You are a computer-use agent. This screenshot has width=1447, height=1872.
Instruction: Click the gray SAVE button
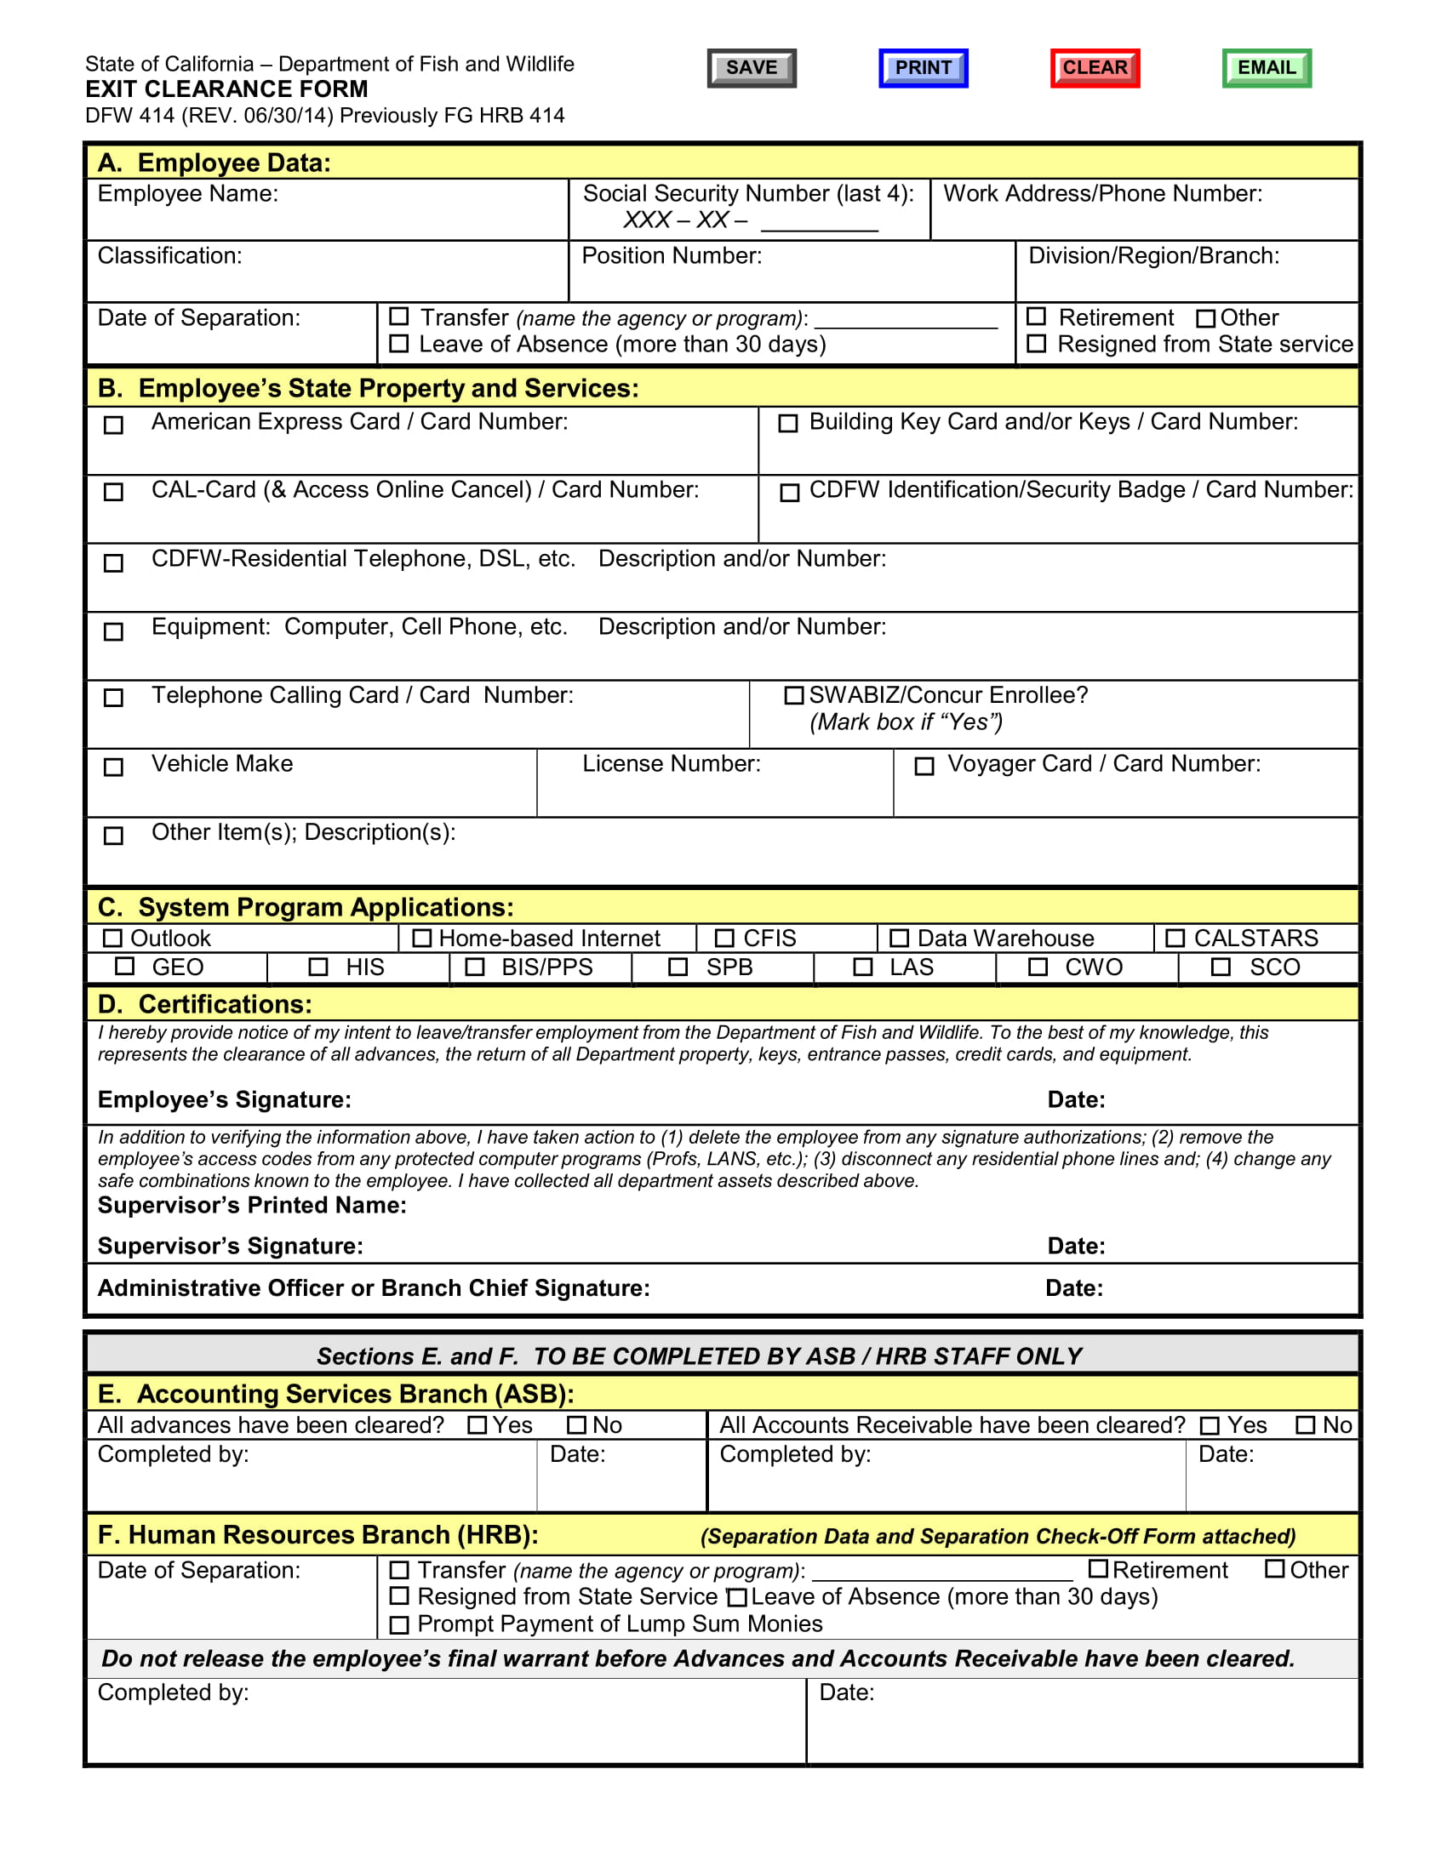[751, 68]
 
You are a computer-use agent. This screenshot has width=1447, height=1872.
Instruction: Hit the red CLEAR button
[1095, 68]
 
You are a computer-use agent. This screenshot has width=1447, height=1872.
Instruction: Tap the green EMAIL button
[1267, 68]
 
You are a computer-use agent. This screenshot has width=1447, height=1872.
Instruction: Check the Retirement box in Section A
[1037, 317]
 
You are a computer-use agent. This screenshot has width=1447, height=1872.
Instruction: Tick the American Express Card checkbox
[113, 425]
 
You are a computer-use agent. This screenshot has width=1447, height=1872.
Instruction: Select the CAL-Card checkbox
[113, 492]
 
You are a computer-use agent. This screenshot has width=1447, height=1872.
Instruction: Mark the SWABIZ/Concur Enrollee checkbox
[794, 695]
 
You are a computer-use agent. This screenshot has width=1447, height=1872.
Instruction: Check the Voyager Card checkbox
[924, 767]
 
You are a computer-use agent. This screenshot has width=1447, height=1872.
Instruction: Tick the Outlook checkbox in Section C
[112, 938]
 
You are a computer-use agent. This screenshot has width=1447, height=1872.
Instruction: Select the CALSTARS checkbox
[1175, 938]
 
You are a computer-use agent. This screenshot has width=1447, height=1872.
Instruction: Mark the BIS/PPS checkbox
[475, 967]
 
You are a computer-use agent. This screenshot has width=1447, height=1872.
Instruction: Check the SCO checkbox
[1221, 967]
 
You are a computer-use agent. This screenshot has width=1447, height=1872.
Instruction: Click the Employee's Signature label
[225, 1099]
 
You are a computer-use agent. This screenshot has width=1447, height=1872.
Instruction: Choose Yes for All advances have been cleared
[478, 1425]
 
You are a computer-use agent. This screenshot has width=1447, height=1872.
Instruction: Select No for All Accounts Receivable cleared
[1306, 1425]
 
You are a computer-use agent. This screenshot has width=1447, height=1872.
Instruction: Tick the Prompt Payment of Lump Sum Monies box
[399, 1625]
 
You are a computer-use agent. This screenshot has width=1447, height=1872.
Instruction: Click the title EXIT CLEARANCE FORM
[226, 89]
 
